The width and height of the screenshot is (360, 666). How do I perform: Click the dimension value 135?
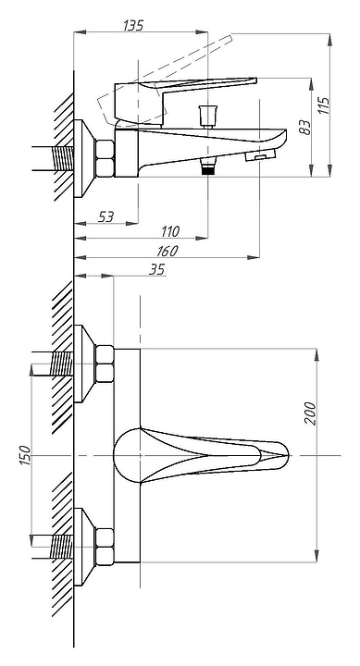pyautogui.click(x=133, y=26)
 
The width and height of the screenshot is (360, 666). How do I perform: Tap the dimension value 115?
pyautogui.click(x=324, y=105)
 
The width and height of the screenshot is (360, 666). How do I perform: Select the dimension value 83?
pyautogui.click(x=305, y=128)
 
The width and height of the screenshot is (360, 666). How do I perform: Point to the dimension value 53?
pyautogui.click(x=106, y=217)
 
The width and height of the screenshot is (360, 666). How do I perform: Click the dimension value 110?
pyautogui.click(x=170, y=232)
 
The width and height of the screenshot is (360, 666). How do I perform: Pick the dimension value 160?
pyautogui.click(x=167, y=251)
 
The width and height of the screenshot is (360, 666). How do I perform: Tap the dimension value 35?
pyautogui.click(x=156, y=270)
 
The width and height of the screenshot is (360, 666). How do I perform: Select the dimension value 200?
pyautogui.click(x=311, y=413)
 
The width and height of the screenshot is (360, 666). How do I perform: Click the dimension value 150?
pyautogui.click(x=25, y=455)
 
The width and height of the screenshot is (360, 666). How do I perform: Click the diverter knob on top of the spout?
pyautogui.click(x=208, y=116)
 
